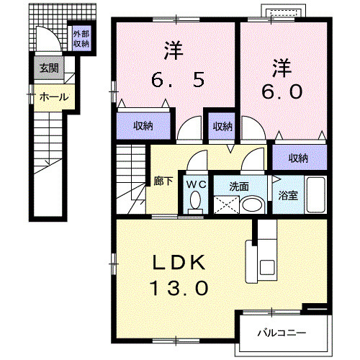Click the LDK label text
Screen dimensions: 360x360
click(179, 262)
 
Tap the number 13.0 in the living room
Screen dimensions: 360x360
click(179, 288)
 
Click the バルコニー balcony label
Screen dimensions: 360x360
click(283, 333)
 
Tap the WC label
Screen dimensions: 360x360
click(195, 184)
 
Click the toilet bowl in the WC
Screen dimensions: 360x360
click(195, 203)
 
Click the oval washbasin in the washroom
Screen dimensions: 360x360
click(252, 204)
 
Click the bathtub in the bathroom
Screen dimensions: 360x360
click(315, 193)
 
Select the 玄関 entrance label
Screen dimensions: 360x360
click(49, 69)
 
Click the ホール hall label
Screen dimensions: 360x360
click(53, 96)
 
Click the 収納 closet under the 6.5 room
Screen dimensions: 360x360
click(143, 126)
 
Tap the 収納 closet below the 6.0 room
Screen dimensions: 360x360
click(297, 158)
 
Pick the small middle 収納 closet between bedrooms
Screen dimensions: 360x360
click(222, 126)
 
